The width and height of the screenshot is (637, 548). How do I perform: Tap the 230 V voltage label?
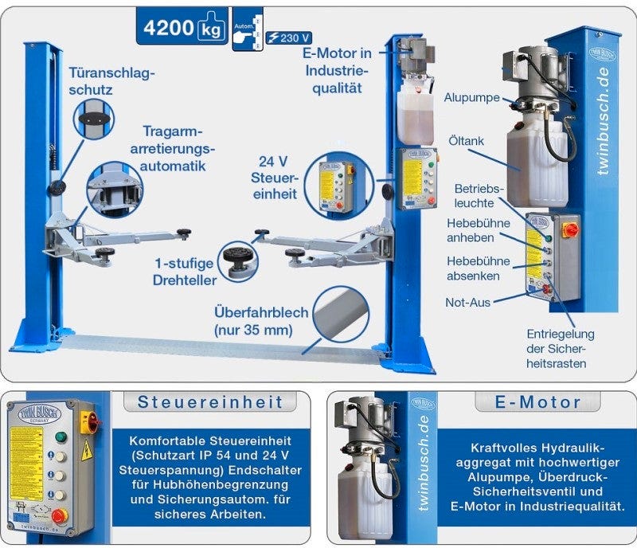tap(289, 37)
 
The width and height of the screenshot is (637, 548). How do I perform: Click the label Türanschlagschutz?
tap(111, 80)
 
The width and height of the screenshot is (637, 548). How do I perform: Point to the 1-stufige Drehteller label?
tap(185, 272)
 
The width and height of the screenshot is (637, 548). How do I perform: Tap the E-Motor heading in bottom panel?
tap(537, 401)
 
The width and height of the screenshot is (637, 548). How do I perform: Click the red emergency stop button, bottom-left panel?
tap(59, 515)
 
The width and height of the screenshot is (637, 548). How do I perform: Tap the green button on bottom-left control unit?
tap(60, 436)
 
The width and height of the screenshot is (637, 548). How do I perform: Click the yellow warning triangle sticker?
tap(86, 451)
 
